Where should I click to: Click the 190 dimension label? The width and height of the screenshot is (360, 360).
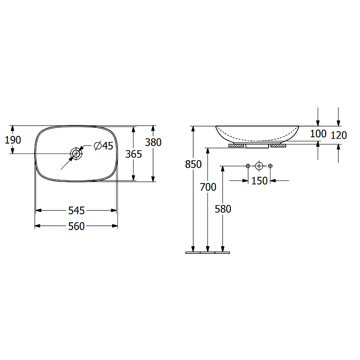[x=13, y=140]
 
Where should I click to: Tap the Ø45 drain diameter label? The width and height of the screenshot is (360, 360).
[x=103, y=146]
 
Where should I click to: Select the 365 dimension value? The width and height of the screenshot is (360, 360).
[x=134, y=154]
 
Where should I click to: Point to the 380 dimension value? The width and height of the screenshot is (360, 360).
[x=153, y=142]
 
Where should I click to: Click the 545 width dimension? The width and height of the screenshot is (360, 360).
[x=76, y=211]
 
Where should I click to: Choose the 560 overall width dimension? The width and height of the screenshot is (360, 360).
[x=76, y=226]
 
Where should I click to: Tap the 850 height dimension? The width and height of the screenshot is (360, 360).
[x=193, y=164]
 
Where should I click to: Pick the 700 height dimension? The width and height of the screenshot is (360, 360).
[x=208, y=187]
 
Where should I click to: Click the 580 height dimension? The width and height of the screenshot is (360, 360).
[x=223, y=209]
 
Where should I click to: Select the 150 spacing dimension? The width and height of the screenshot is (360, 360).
[x=260, y=181]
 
